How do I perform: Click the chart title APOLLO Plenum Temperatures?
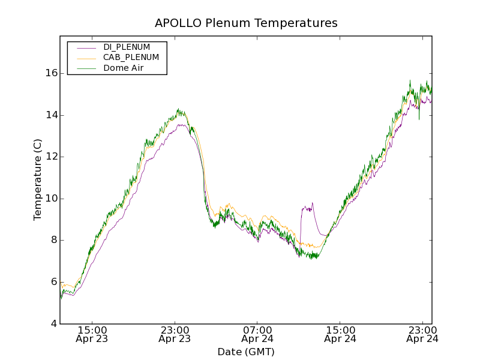tap(246, 23)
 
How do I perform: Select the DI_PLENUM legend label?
tap(127, 47)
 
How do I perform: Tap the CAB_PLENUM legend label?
tap(131, 58)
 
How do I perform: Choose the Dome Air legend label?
tap(123, 68)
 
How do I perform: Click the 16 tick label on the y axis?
tap(50, 73)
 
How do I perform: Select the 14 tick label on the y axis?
tap(50, 115)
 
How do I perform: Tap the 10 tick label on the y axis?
tap(50, 199)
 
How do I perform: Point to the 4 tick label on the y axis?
tap(53, 324)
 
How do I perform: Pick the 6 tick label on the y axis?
tap(53, 282)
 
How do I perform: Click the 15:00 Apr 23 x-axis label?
tap(92, 334)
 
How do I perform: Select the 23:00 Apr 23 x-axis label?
tap(175, 334)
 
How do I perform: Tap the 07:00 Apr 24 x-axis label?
tap(257, 334)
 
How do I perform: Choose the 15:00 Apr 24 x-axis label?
tap(340, 334)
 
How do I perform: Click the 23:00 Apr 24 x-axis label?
tap(422, 334)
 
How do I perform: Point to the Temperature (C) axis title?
tap(38, 179)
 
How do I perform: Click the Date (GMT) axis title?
tap(246, 352)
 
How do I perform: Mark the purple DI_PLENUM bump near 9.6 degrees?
tap(307, 208)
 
